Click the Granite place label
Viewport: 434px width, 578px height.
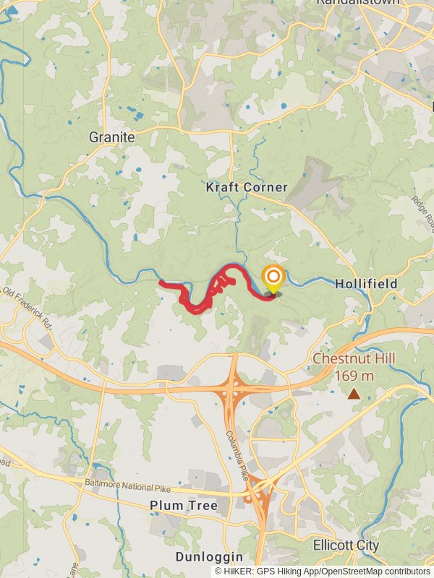(x=112, y=137)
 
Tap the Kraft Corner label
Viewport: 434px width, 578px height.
(x=247, y=187)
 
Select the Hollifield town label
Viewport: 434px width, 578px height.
(x=366, y=284)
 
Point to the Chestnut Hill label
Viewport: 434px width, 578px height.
(x=354, y=359)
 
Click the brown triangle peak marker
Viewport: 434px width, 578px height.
(x=354, y=394)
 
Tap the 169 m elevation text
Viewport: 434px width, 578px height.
(x=354, y=376)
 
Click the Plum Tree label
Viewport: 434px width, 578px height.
(x=184, y=506)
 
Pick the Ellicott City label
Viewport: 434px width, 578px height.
(x=346, y=545)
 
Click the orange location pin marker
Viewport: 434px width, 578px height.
(x=273, y=278)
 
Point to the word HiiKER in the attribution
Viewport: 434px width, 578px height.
(x=238, y=571)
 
